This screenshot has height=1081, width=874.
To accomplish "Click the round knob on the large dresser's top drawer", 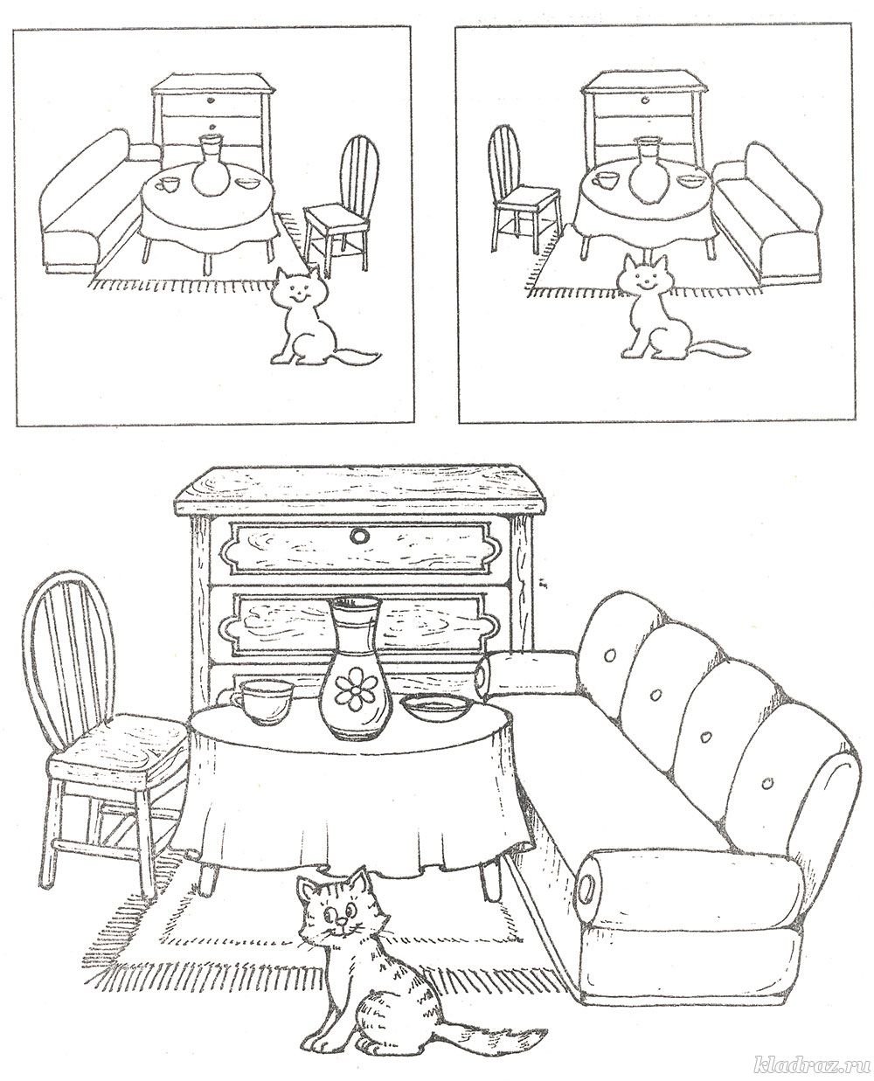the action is (x=360, y=535).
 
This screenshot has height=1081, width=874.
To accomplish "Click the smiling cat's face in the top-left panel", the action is (x=297, y=293).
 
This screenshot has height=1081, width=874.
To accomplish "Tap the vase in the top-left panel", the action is (x=209, y=165).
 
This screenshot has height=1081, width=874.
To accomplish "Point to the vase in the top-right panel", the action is (x=646, y=171).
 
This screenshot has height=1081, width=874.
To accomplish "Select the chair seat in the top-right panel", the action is (x=528, y=197).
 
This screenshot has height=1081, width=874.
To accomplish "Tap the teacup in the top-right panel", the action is (x=605, y=178).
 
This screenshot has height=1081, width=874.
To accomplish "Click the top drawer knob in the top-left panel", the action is (x=210, y=100).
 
